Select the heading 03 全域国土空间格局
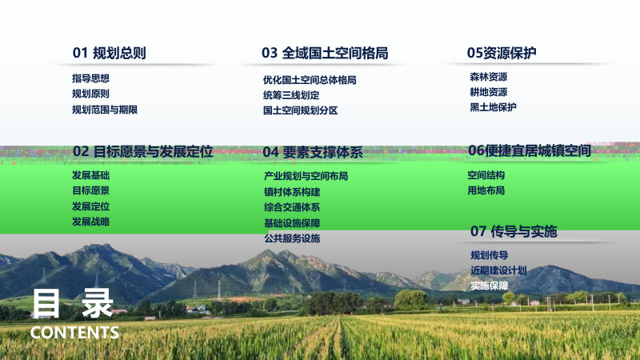click(x=324, y=54)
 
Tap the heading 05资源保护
click(x=502, y=53)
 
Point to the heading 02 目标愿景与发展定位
click(x=142, y=151)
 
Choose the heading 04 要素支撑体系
click(x=313, y=151)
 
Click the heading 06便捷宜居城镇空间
click(x=530, y=150)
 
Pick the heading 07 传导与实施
click(x=514, y=232)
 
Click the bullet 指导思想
click(x=90, y=78)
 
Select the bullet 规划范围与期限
click(x=105, y=110)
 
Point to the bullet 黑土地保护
click(x=493, y=107)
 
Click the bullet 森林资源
click(x=488, y=77)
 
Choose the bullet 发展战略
click(x=90, y=222)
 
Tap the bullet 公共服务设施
click(x=291, y=238)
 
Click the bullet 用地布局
click(x=486, y=190)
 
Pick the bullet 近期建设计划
click(x=498, y=270)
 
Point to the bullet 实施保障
click(x=489, y=286)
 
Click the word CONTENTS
click(x=74, y=332)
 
